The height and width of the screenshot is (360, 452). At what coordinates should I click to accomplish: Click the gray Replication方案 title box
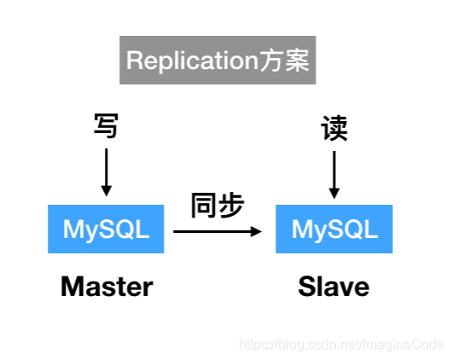point(217,60)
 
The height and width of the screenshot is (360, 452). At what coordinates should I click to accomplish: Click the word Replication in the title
point(192,61)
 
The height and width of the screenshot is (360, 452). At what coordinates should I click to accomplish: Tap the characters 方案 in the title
point(285,61)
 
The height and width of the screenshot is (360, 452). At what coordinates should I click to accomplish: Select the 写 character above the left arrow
point(106,125)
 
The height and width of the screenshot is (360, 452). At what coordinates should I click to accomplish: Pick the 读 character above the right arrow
point(334,128)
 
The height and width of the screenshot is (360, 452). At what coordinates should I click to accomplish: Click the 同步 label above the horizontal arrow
point(217,205)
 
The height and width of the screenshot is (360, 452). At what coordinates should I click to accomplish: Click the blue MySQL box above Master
point(106,229)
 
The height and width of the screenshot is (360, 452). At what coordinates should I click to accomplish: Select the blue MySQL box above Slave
point(334,229)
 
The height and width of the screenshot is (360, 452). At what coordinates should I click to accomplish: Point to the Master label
point(107,287)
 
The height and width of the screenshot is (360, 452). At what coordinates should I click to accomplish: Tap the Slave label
point(333,287)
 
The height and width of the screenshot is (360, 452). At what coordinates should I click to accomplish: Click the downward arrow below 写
point(106,172)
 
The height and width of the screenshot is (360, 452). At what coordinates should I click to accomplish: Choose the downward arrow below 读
point(334,175)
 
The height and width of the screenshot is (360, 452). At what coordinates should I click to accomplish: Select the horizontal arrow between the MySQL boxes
point(217,231)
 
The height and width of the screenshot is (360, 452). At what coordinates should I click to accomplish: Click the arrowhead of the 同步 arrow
point(256,231)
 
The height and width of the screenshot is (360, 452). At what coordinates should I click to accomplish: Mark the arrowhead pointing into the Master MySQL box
point(106,191)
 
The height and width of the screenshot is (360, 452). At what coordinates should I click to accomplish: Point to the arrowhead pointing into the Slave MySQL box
point(334,194)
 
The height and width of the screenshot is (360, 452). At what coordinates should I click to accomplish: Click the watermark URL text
point(342,345)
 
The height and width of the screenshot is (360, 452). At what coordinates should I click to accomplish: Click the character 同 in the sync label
point(203,206)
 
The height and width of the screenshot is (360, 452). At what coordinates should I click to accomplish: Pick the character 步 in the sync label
point(231,205)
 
